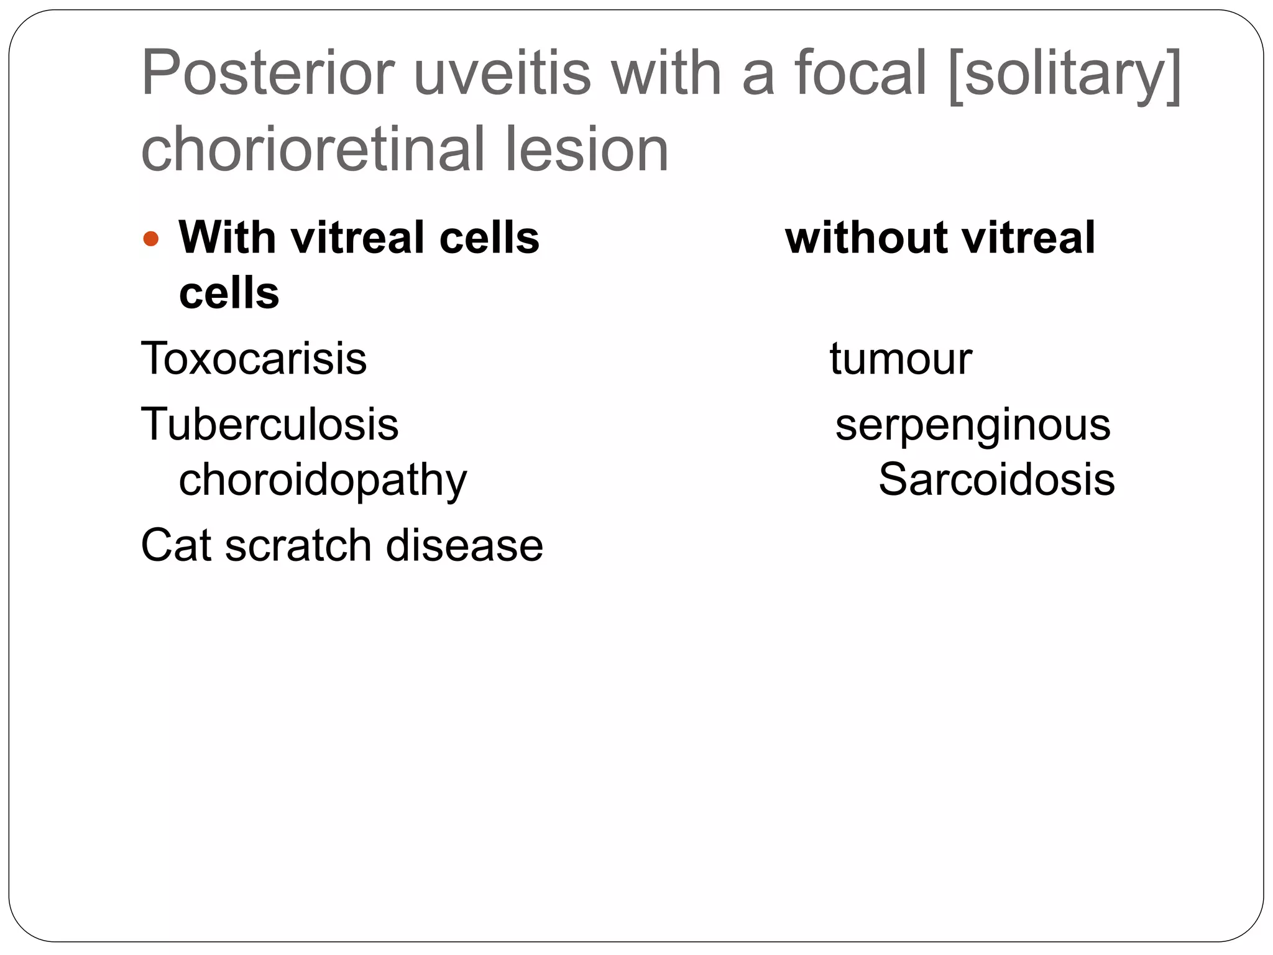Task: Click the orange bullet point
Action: tap(151, 239)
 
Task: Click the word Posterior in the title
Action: tap(268, 73)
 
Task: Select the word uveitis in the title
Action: tap(502, 73)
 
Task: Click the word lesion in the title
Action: tap(587, 150)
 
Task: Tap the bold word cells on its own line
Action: tap(229, 293)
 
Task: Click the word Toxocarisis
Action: tap(254, 359)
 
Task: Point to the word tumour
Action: tap(901, 359)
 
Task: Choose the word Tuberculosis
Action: tap(270, 425)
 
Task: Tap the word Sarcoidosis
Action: tap(996, 479)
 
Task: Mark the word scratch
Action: tap(298, 545)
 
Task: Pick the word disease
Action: tap(464, 545)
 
